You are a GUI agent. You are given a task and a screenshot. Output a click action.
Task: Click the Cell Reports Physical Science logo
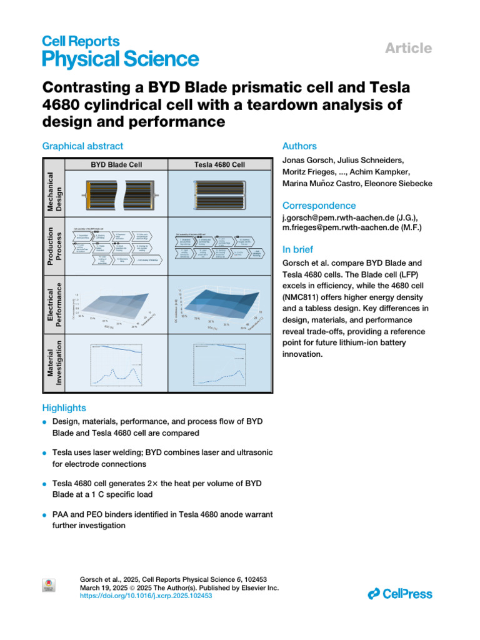[x=120, y=51]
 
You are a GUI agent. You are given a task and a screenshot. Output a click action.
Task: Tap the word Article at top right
[x=409, y=48]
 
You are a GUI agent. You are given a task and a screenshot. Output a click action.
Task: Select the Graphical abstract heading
[x=82, y=146]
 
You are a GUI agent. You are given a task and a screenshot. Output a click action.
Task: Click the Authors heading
[x=300, y=146]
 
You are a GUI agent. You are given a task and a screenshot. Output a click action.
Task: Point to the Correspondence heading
[x=319, y=206]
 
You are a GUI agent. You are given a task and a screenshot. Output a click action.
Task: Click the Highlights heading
[x=64, y=408]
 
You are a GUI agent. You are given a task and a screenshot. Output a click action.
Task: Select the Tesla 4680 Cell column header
[x=220, y=165]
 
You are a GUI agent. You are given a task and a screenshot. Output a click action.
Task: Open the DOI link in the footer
[x=147, y=596]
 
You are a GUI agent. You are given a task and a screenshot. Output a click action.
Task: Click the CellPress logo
[x=400, y=594]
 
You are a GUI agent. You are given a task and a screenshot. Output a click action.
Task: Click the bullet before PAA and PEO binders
[x=45, y=514]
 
